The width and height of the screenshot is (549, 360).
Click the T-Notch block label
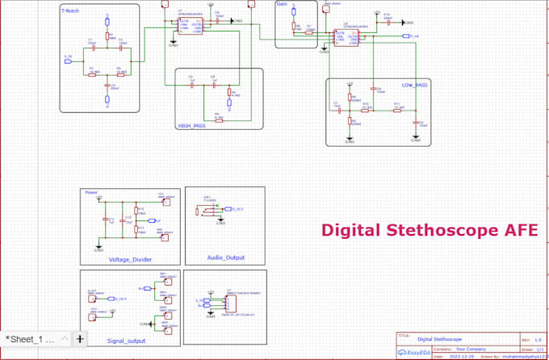click(x=71, y=10)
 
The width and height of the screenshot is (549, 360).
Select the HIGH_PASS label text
click(x=191, y=125)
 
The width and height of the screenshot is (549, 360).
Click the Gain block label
click(x=282, y=4)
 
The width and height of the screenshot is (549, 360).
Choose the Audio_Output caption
click(x=225, y=257)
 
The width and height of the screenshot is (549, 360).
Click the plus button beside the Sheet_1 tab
click(x=80, y=339)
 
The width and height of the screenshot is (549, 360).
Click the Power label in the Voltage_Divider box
click(x=91, y=193)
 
